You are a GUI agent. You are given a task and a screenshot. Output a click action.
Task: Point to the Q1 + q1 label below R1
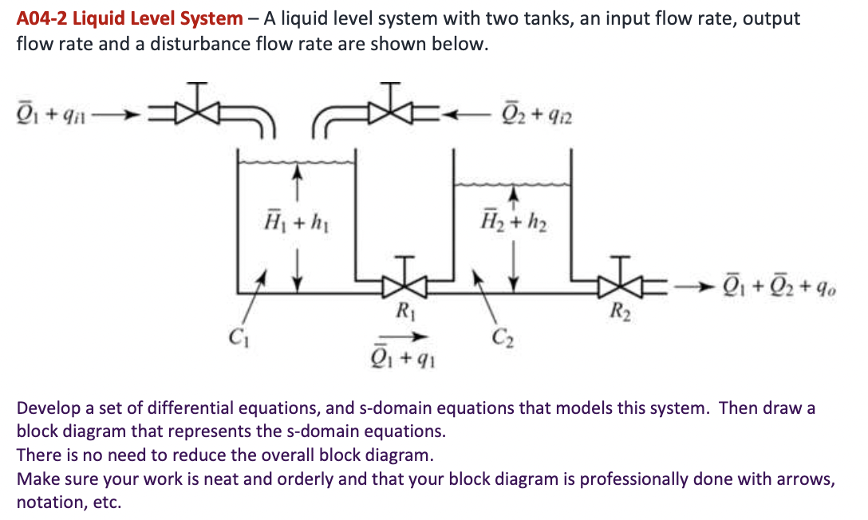[405, 355]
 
